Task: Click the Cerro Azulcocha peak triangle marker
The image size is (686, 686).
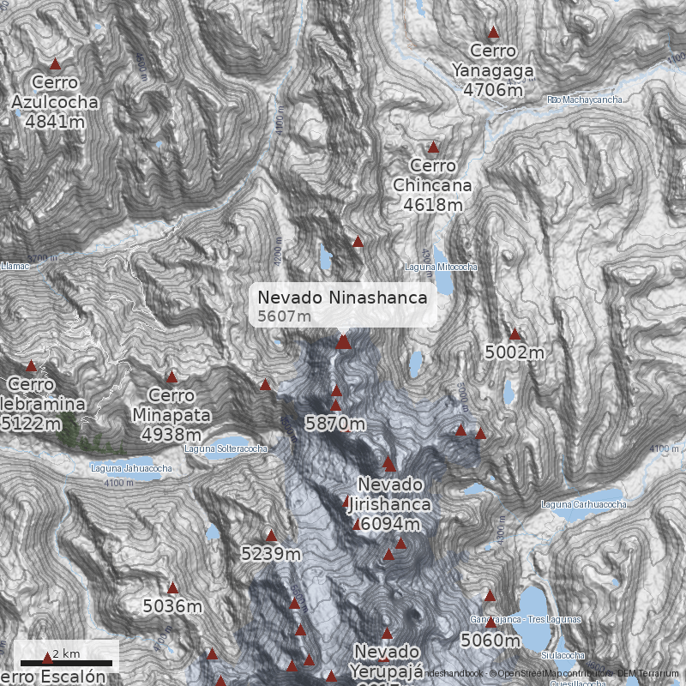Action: [56, 64]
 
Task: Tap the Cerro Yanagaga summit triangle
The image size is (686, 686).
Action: [493, 33]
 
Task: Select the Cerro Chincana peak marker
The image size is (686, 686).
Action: [433, 147]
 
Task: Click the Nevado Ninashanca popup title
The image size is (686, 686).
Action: [342, 298]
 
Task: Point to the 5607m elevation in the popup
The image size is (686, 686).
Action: [284, 316]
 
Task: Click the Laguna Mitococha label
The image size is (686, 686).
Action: [441, 268]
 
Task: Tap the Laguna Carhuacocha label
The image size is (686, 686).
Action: [583, 504]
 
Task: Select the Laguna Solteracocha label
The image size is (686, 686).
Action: [226, 448]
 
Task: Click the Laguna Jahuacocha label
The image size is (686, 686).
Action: [131, 468]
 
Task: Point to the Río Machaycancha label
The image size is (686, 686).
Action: [585, 100]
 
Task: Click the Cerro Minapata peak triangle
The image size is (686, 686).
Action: [171, 376]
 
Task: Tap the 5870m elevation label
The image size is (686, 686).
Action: [335, 424]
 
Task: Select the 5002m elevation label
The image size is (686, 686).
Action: [514, 352]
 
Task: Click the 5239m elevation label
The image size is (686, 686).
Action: [271, 554]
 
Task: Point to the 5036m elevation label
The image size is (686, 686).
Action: [172, 606]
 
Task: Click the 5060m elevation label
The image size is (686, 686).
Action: [490, 640]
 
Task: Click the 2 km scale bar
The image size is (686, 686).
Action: [67, 662]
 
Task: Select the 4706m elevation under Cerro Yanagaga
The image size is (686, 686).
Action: [493, 89]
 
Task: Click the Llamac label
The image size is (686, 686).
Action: [15, 267]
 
